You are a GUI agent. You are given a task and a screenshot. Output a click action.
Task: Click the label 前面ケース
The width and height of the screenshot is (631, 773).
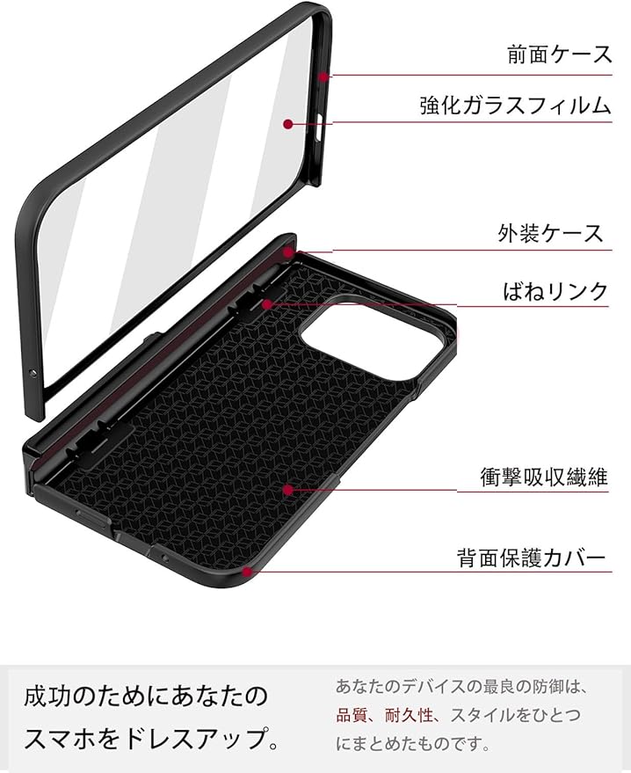pos(560,55)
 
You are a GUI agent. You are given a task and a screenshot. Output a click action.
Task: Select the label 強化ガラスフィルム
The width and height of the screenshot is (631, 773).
pos(516,107)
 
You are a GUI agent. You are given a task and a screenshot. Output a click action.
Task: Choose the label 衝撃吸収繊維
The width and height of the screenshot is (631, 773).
pos(544,478)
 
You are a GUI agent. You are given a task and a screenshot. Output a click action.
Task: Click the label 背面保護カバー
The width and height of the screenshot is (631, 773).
pos(531,558)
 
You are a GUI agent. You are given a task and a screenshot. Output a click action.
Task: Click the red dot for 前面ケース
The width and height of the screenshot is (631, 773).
pos(323,77)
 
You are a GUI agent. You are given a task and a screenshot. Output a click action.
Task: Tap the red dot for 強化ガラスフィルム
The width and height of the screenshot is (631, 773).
pos(288,125)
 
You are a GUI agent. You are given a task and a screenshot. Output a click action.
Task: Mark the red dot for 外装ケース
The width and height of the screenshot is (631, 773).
pos(287,252)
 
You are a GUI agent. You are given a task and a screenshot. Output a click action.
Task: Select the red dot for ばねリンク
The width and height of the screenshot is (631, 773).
pos(267,305)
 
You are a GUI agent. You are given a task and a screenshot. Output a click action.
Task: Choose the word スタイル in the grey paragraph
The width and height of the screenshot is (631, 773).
pos(493,715)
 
